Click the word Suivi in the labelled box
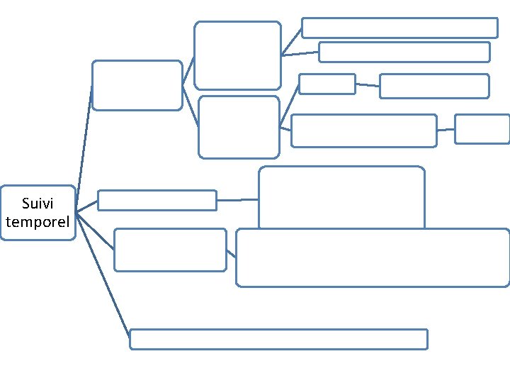[38, 204]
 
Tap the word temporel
[38, 222]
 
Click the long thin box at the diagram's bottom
[278, 339]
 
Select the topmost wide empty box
[399, 28]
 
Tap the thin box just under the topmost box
[404, 52]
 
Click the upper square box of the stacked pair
[238, 55]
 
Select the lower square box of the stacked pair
[239, 127]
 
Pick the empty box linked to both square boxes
[137, 85]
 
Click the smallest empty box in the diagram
[327, 84]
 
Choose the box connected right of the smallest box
[434, 86]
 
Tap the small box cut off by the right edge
[482, 129]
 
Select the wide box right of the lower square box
[363, 131]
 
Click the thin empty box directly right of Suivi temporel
[157, 200]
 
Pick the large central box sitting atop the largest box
[341, 197]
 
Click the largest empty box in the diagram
[373, 257]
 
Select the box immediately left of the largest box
[170, 250]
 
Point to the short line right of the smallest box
[367, 85]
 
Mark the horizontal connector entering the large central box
[237, 200]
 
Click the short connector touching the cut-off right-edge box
[446, 130]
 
